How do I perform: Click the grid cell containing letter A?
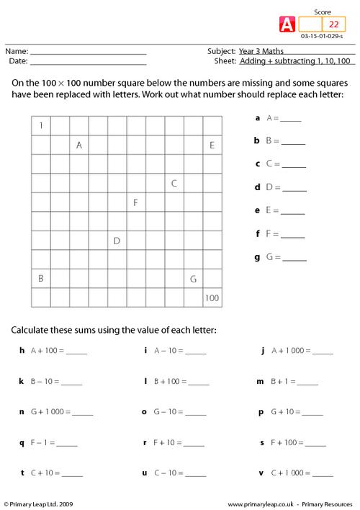79,145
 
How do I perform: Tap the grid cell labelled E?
212,145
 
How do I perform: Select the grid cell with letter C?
174,183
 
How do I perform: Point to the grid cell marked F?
136,202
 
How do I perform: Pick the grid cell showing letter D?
117,240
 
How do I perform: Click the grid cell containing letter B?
41,278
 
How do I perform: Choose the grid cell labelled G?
193,278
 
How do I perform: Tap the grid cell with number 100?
212,297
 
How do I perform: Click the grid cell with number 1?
41,126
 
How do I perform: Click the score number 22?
333,23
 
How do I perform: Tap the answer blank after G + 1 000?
83,413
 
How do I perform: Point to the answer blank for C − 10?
195,474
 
